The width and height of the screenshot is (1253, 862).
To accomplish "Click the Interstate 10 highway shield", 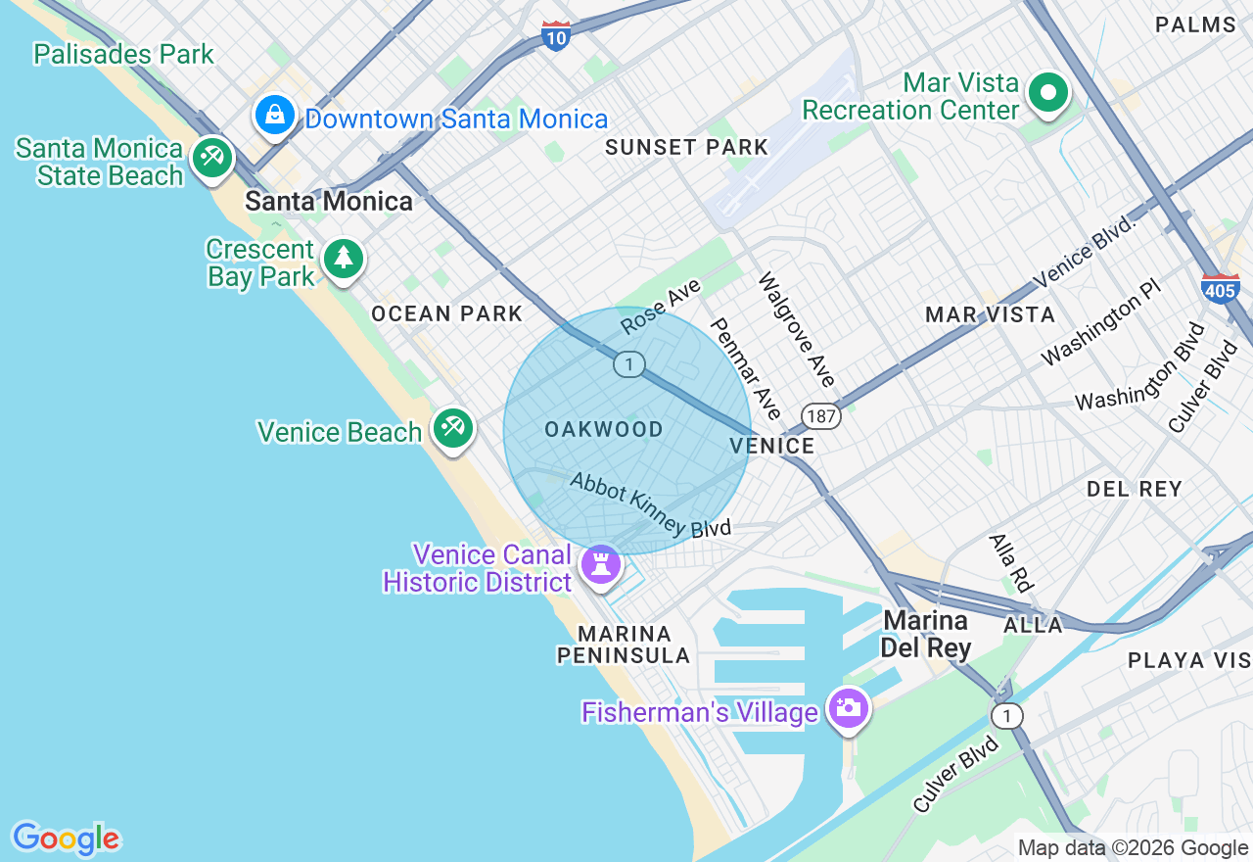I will click(555, 36).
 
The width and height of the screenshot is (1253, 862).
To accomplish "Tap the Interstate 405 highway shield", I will click(1221, 288).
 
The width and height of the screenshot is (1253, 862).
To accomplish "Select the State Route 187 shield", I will click(820, 416).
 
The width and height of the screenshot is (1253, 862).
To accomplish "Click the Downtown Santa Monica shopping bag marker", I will click(276, 116).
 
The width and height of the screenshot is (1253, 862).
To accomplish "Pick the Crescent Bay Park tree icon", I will click(343, 259).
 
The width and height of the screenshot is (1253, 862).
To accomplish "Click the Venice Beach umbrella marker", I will click(452, 429).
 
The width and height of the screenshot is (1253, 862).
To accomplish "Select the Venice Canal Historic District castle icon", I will click(601, 564).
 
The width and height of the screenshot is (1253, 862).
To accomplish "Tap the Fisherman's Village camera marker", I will click(847, 707).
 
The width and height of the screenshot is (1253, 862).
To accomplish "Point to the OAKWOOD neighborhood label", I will click(604, 429).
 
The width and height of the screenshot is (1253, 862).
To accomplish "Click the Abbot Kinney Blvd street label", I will click(650, 504).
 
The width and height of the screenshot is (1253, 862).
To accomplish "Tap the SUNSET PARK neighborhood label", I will click(686, 148).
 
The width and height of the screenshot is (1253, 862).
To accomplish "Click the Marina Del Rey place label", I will click(925, 634).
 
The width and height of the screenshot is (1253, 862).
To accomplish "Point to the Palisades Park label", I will click(123, 54).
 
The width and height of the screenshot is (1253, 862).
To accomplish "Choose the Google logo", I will click(67, 838).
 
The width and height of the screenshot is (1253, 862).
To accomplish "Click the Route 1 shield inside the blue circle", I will click(629, 364).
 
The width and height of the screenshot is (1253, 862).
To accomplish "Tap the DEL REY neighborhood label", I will click(1134, 489).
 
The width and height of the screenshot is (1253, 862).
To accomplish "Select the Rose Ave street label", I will click(661, 307).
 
